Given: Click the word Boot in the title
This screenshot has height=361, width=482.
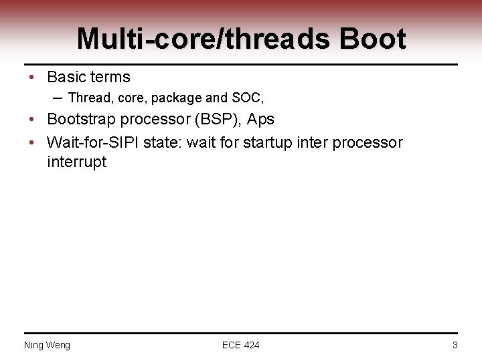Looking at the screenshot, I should pos(372,39).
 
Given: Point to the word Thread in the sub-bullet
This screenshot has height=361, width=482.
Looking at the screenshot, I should pos(90,98).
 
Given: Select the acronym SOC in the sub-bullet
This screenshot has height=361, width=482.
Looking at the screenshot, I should pos(247,98).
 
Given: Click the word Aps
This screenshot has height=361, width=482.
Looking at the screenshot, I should pos(261,120).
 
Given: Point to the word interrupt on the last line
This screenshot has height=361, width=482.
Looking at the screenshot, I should pos(76,162).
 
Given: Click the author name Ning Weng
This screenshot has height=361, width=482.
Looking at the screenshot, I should pos(47,345).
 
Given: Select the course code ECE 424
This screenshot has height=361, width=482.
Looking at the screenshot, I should pos(240,345).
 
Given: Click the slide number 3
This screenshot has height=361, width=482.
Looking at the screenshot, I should pos(455,345).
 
